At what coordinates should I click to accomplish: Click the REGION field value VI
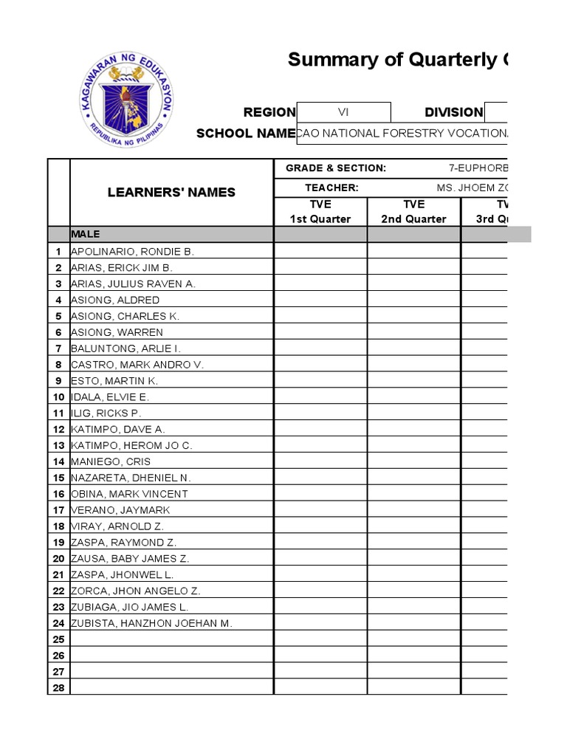tap(343, 112)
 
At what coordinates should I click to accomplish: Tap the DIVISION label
tap(453, 112)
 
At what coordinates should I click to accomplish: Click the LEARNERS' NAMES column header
tap(171, 192)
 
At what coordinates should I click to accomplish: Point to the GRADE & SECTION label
tap(336, 168)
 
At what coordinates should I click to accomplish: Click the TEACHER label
tap(331, 188)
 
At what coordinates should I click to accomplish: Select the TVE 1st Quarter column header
tap(320, 211)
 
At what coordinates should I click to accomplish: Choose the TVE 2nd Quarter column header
tap(413, 211)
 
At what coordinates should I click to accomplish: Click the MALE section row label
tap(85, 234)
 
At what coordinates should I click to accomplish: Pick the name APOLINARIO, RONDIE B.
tap(132, 251)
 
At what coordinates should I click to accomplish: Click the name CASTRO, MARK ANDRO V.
tap(137, 365)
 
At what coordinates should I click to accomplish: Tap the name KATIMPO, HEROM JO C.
tap(131, 445)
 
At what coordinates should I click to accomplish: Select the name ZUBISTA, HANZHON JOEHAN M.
tap(151, 623)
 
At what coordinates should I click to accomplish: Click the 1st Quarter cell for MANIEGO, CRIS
tap(320, 461)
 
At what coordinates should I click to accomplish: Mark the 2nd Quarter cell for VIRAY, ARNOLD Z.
tap(413, 526)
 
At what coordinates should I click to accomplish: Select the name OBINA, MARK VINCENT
tap(129, 494)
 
